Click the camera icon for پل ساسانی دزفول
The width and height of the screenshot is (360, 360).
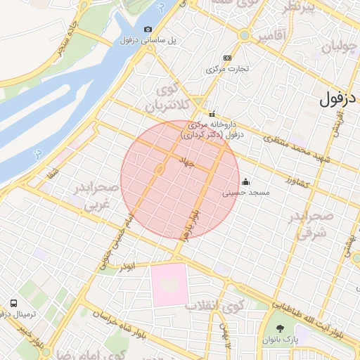coord(148,29)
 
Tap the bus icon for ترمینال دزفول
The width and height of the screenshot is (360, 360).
coord(13,303)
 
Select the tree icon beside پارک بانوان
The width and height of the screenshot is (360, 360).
coord(281,328)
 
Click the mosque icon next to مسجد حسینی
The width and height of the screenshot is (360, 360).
coord(245,182)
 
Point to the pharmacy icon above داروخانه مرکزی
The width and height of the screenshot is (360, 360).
coord(211,115)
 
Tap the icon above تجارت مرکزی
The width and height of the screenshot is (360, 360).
coord(227,58)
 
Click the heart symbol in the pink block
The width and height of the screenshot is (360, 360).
coord(169,284)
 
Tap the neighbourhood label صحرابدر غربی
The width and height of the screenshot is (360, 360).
coord(90,197)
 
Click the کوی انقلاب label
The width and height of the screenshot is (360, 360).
coord(214,305)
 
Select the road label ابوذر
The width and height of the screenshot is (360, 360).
coord(127,266)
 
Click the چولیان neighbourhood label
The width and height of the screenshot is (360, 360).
coord(339,48)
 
